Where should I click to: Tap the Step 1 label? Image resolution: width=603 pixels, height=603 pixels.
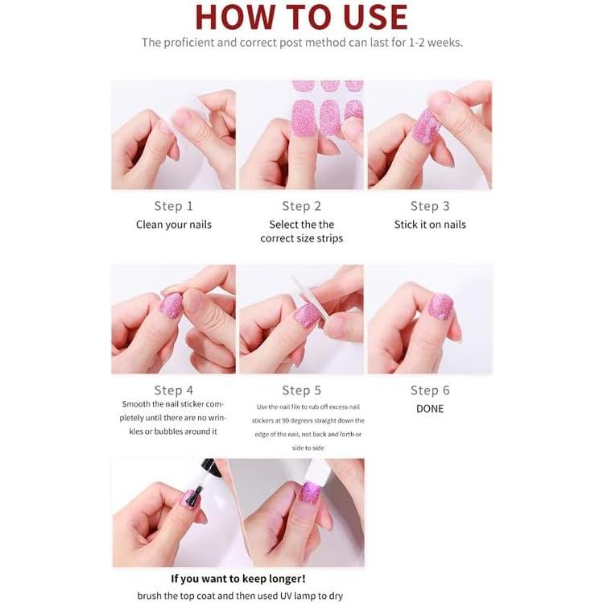[173, 206]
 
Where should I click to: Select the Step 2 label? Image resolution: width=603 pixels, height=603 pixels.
[301, 206]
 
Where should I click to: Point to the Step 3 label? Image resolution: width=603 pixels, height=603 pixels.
[430, 206]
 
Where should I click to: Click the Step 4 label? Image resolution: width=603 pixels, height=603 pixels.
[173, 390]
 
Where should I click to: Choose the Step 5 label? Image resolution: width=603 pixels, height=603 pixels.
[301, 390]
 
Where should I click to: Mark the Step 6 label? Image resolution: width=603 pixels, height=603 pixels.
[430, 390]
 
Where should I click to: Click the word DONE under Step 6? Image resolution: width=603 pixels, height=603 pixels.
[430, 409]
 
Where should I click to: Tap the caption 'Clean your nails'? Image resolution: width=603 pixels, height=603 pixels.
[173, 225]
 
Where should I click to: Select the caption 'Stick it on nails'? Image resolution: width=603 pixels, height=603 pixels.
[430, 225]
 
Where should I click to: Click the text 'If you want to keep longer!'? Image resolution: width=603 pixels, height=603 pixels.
[238, 579]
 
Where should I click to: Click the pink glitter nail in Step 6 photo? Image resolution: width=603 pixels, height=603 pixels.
[440, 306]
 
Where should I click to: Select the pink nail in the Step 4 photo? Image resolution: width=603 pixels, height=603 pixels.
[171, 305]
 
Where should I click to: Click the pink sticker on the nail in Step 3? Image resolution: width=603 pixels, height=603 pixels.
[426, 126]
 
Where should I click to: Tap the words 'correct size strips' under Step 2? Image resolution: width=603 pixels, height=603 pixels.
[301, 238]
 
